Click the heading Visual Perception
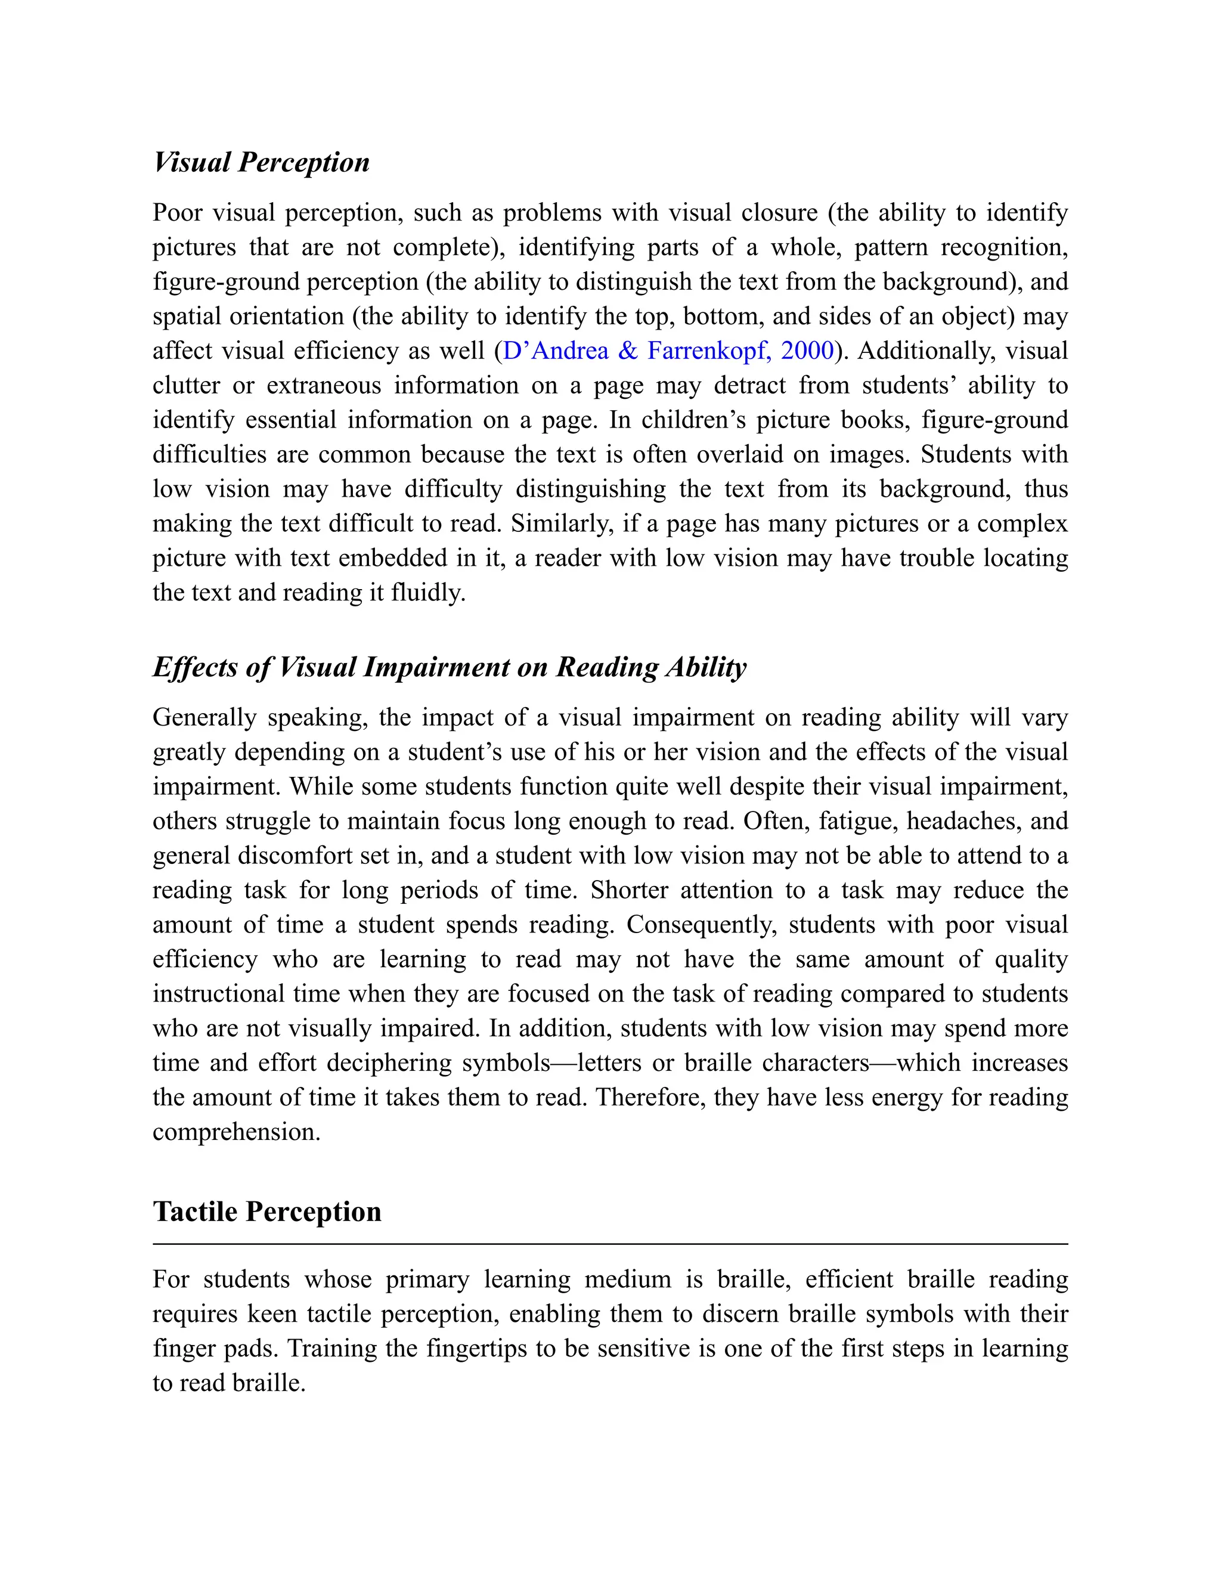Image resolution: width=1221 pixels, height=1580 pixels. coord(261,162)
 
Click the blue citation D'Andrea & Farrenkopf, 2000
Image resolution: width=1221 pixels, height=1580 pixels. coord(668,351)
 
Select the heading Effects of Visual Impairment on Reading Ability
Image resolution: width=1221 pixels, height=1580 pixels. coord(449,667)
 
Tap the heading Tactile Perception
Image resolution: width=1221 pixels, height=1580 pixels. coord(267,1212)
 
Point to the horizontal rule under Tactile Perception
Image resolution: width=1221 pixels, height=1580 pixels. coord(610,1244)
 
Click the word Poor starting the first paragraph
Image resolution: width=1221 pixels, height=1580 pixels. coord(177,213)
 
